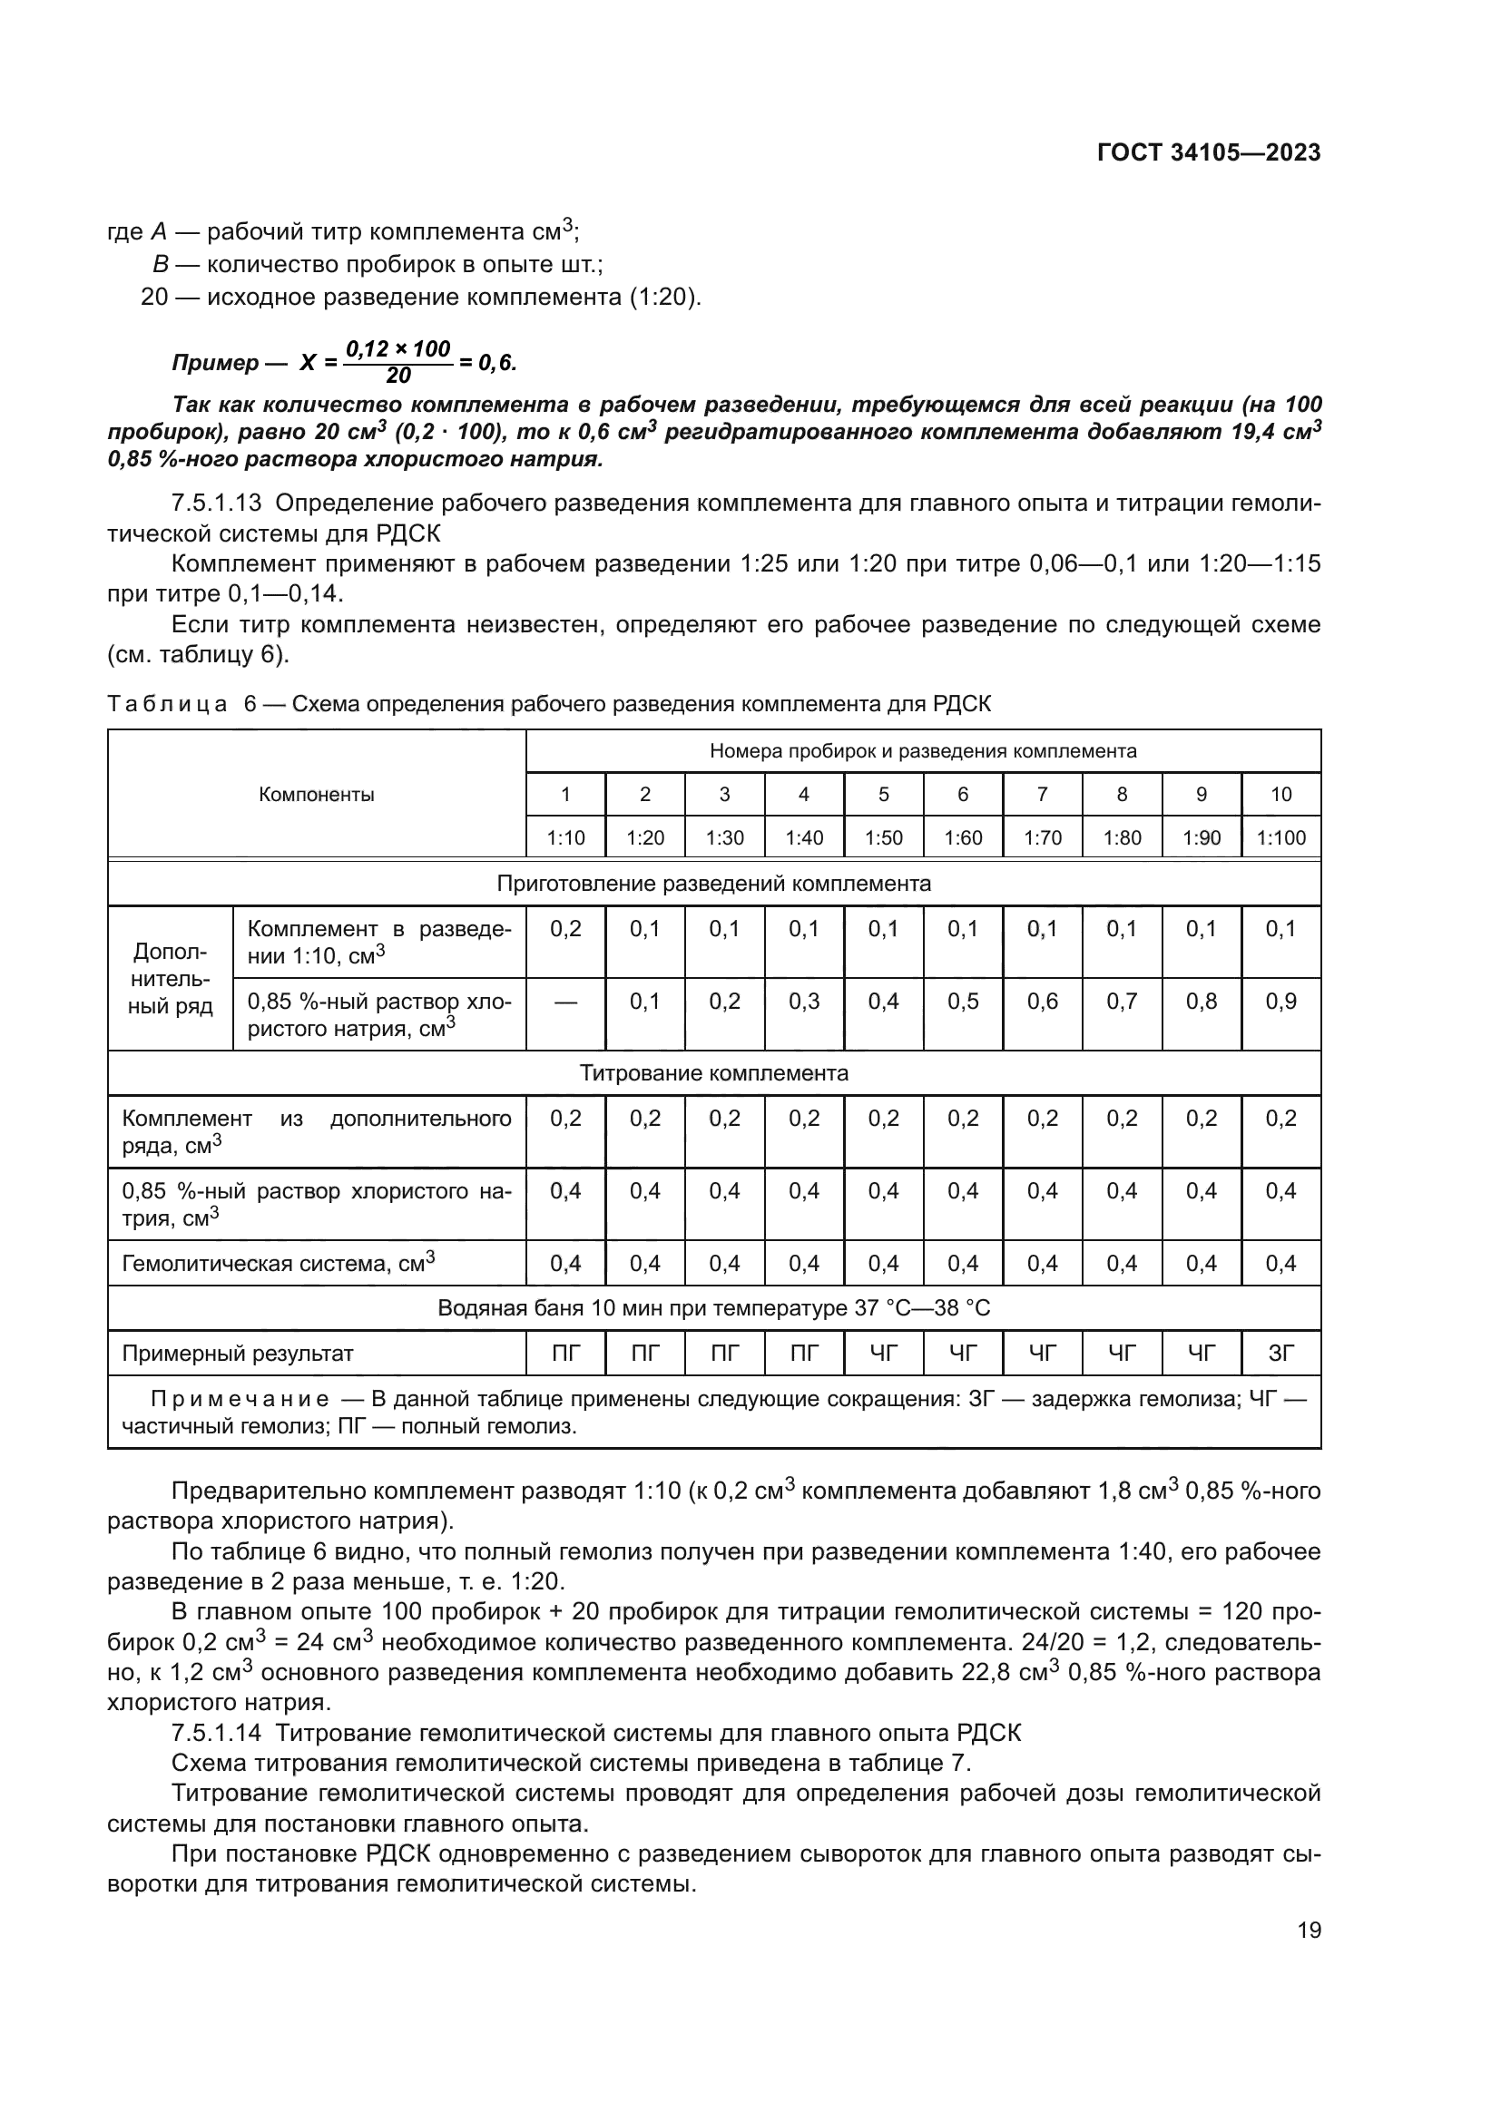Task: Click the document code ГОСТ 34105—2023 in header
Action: (x=1208, y=152)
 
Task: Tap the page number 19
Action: (x=1309, y=1930)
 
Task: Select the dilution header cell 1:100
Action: (x=1281, y=838)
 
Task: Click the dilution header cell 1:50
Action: (x=884, y=838)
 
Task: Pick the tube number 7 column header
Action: (x=1043, y=794)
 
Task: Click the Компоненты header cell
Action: (x=316, y=795)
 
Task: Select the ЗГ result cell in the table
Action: (x=1281, y=1354)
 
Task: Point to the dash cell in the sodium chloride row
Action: (x=565, y=1002)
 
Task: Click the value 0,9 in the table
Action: (x=1281, y=1002)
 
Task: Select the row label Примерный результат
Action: (x=238, y=1354)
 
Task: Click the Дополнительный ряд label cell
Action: (x=170, y=979)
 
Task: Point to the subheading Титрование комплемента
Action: (x=713, y=1073)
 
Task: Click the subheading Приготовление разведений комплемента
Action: (x=713, y=884)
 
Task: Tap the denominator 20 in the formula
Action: (x=398, y=376)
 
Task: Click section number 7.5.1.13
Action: (x=216, y=503)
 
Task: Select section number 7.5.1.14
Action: (x=216, y=1733)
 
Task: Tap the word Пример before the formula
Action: (x=215, y=363)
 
